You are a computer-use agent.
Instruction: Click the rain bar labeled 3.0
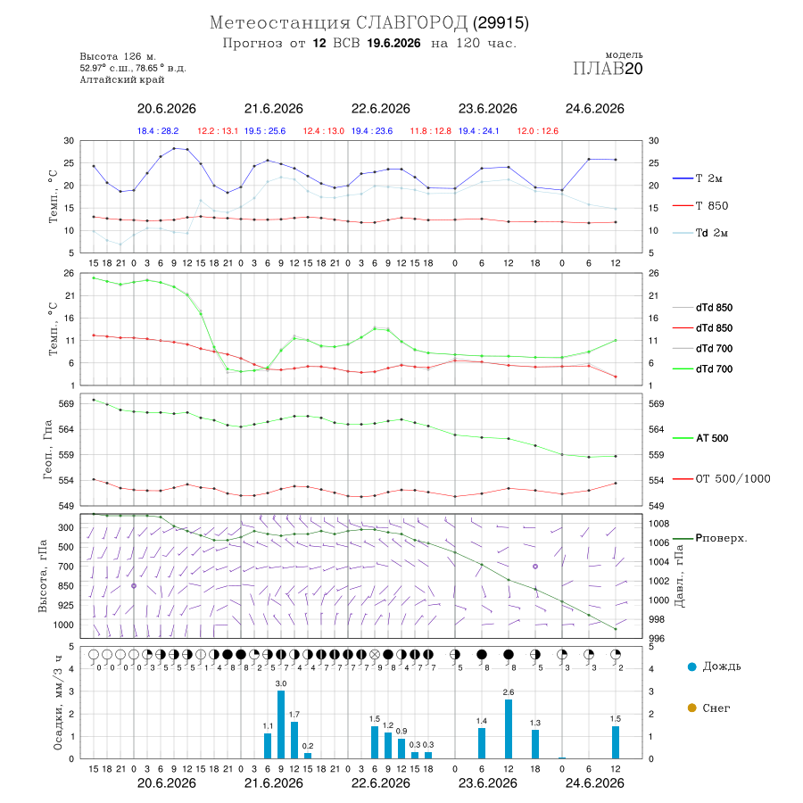(281, 724)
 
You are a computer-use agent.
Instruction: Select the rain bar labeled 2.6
(509, 729)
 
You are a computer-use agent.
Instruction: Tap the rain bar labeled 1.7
(294, 740)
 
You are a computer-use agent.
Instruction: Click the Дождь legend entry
(714, 666)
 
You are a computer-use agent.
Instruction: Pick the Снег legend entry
(708, 708)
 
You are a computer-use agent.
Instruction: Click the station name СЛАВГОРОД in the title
(411, 22)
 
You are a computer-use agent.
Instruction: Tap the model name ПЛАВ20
(608, 68)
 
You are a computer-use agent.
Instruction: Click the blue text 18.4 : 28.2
(158, 131)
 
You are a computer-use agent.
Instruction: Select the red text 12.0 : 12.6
(538, 131)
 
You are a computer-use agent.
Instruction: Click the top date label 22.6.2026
(380, 109)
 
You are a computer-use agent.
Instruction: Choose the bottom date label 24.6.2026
(594, 783)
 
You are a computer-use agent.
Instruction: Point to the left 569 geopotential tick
(67, 403)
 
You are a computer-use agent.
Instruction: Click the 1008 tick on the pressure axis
(658, 524)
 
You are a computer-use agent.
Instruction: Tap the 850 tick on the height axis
(65, 586)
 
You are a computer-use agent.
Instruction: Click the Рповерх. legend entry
(710, 538)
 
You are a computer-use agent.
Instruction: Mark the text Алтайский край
(122, 79)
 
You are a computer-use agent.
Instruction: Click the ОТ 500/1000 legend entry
(721, 479)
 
